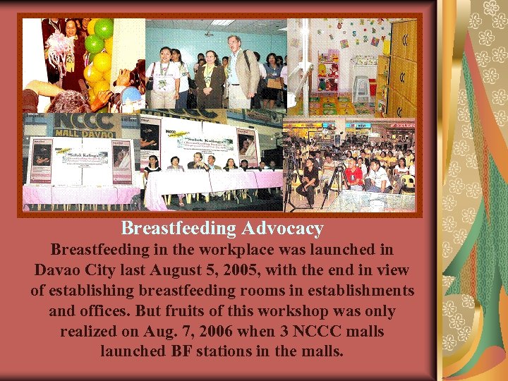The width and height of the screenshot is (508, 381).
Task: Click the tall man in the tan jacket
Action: point(240,71)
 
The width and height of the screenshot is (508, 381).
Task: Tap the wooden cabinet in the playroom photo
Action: point(401,64)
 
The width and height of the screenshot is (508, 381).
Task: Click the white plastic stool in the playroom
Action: point(361,87)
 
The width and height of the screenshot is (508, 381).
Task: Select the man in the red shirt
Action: point(353,174)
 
